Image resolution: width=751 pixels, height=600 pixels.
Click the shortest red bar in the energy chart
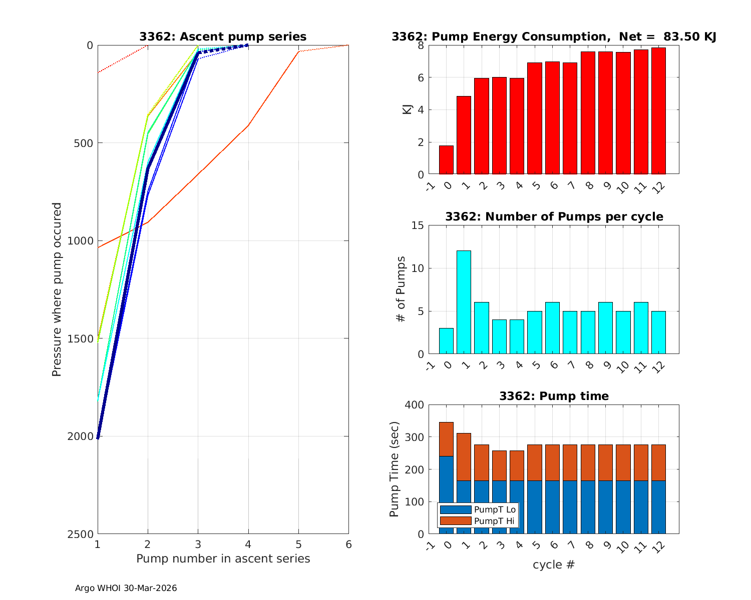coord(446,160)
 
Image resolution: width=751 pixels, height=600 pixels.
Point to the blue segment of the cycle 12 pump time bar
coord(658,507)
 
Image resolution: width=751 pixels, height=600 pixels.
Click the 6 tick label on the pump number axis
coord(348,544)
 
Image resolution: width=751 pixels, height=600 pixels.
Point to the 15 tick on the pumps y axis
coord(418,225)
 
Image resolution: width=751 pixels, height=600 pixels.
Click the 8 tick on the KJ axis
coord(421,45)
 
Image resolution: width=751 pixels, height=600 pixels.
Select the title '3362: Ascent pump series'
coord(223,36)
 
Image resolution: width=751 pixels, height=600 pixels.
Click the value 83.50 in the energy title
coord(680,36)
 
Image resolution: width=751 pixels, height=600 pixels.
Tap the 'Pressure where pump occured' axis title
coord(57,289)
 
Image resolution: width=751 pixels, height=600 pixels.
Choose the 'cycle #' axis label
coord(553,565)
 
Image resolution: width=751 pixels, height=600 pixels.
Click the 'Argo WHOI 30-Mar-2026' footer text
coord(126,588)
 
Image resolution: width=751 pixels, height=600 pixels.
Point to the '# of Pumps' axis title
coord(401,289)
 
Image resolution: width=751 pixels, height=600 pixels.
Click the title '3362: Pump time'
coord(554,396)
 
